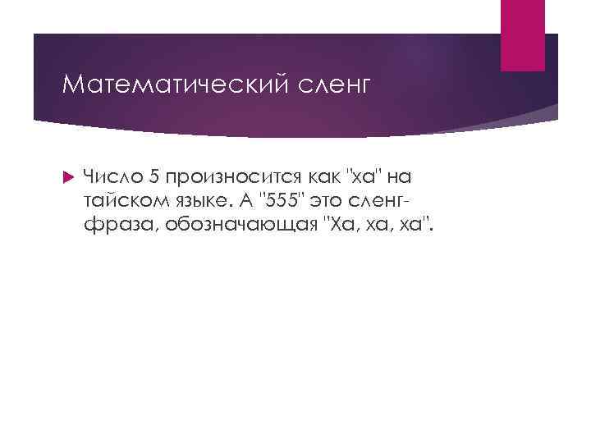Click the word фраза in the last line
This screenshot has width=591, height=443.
(114, 225)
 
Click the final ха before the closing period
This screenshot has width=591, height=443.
(410, 225)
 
